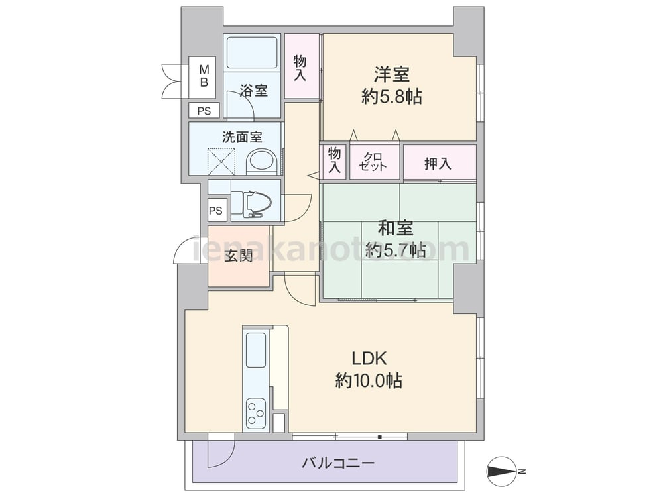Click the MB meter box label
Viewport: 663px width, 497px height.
(x=204, y=76)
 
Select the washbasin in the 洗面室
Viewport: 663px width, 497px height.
(x=261, y=161)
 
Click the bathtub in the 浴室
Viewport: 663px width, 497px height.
(x=252, y=52)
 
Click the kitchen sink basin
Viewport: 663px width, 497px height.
(x=255, y=350)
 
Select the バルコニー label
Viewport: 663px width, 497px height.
(x=338, y=463)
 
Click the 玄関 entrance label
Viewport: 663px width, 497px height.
(x=239, y=256)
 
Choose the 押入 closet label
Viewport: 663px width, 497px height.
(x=438, y=164)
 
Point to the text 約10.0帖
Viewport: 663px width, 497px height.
(x=369, y=381)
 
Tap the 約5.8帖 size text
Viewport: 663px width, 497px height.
(x=392, y=97)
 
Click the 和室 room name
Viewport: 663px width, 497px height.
(x=395, y=228)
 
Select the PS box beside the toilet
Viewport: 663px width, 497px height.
(x=215, y=210)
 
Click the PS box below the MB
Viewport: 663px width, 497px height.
(x=204, y=111)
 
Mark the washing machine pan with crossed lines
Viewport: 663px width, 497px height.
(x=221, y=162)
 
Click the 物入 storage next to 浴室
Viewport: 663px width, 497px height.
(x=302, y=66)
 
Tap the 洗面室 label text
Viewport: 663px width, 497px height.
(x=242, y=137)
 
